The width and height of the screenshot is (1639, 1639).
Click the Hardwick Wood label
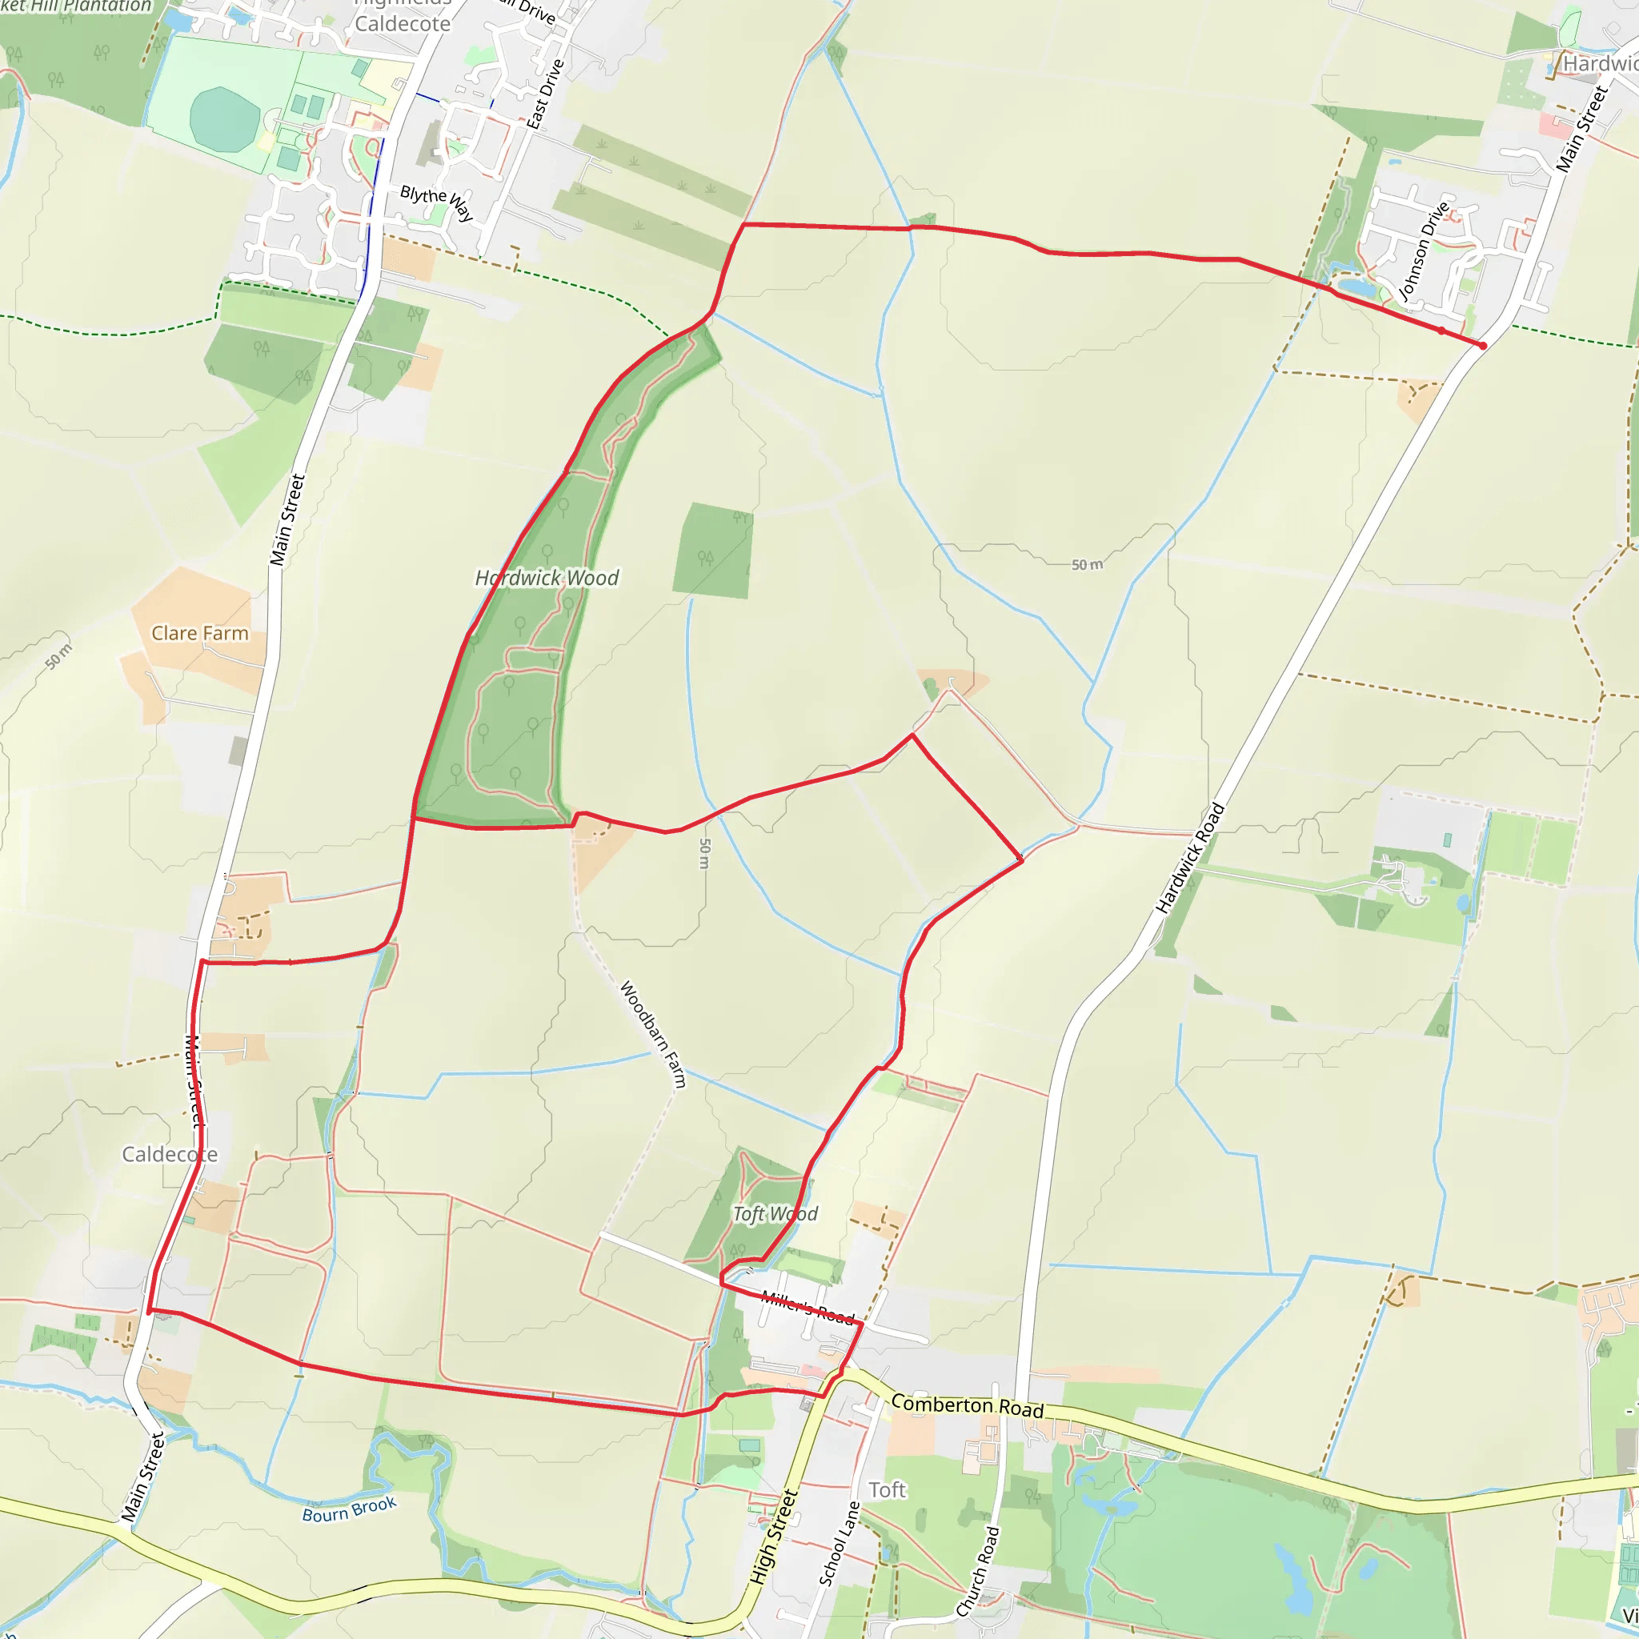pos(547,578)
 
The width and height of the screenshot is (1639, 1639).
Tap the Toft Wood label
pos(775,1214)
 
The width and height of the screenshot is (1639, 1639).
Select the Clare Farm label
pos(199,633)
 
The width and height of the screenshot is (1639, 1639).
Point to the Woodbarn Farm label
pos(652,1034)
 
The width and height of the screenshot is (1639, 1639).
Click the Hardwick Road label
pos(1190,858)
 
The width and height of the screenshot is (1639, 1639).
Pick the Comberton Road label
pos(967,1405)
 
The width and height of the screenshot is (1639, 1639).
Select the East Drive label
pos(545,94)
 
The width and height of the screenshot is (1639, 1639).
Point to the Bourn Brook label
pos(350,1509)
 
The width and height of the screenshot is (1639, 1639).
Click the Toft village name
pos(887,1489)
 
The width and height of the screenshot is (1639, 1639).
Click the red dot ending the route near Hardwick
pos(1482,345)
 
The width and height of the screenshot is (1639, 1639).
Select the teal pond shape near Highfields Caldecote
pos(225,118)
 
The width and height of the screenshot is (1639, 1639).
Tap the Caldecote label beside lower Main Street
pos(170,1155)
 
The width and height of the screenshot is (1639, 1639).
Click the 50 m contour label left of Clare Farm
pos(58,656)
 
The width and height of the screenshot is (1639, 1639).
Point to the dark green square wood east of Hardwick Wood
pos(712,551)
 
